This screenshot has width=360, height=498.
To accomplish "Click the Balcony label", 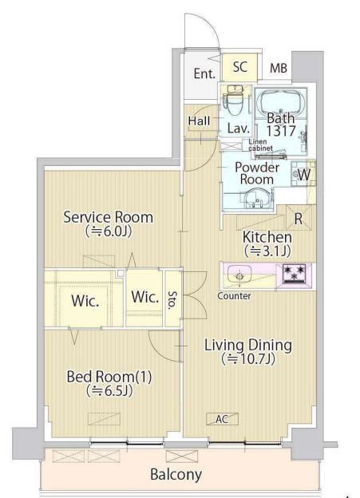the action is coord(176,475).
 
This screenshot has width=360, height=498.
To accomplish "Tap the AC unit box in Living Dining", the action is coord(222,419).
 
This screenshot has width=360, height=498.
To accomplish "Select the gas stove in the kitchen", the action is coord(295,273).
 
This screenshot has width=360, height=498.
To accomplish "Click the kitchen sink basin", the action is coord(240,274).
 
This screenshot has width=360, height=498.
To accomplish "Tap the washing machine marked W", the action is coord(303,174).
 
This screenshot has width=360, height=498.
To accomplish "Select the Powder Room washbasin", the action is coord(257,198).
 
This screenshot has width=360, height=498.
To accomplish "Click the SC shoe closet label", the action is coord(240,67).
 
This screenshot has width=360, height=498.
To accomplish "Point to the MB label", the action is coord(279,68).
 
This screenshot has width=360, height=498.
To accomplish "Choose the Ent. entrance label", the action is coord(204,73).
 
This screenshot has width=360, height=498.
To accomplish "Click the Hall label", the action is coord(199,121).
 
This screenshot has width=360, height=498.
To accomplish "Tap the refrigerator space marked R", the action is coord(299,218).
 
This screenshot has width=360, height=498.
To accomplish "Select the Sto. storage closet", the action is coord(173,298).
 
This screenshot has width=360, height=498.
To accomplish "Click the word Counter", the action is coord(234,296).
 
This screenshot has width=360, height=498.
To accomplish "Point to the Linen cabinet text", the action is coord(260,144).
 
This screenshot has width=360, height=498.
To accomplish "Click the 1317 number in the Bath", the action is coord(281,131).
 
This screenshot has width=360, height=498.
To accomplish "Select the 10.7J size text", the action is coord(248,359).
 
